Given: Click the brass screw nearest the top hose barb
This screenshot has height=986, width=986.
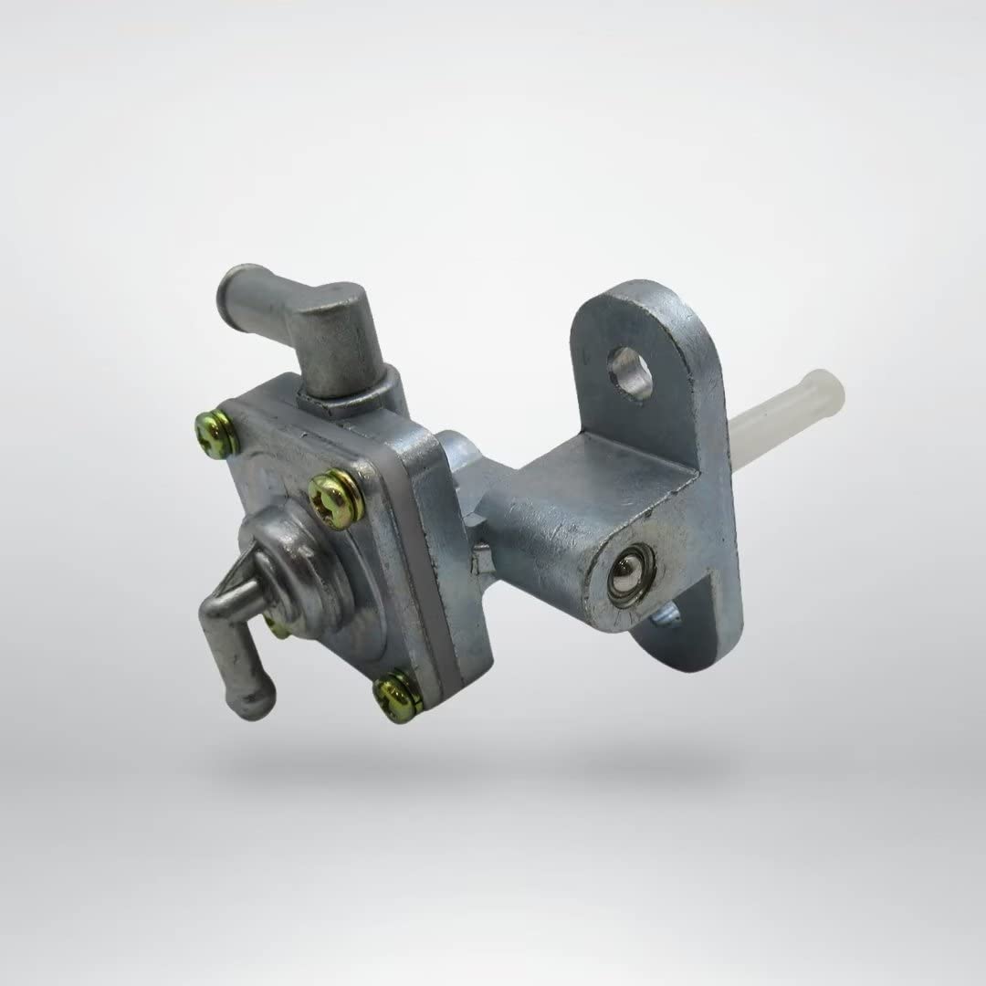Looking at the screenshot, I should [x=216, y=434].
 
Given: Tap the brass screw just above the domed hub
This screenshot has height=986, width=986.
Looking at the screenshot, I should [x=335, y=498].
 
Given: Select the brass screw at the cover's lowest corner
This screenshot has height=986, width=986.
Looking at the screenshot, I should [x=398, y=696].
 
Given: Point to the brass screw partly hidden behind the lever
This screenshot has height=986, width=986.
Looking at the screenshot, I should [x=275, y=626].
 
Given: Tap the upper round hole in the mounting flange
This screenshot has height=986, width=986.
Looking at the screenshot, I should [x=631, y=372].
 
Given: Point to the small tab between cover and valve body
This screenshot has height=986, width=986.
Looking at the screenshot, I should [x=481, y=557].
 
